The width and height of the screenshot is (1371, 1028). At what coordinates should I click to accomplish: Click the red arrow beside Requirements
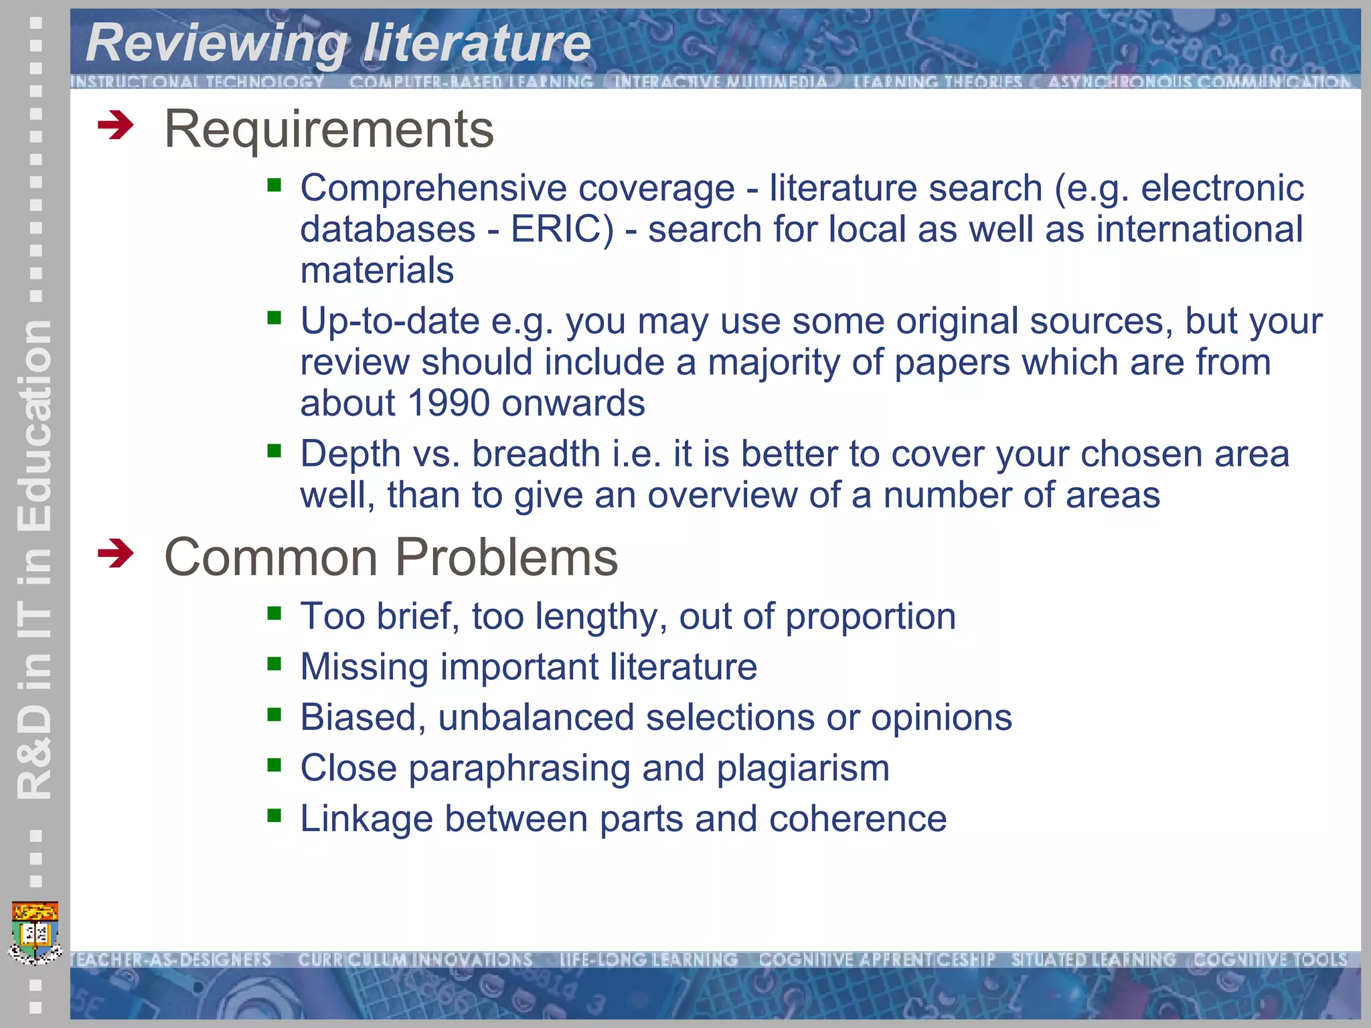point(115,126)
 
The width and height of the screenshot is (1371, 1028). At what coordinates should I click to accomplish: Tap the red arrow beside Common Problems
point(115,554)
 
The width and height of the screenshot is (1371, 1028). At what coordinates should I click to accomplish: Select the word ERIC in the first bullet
point(562,230)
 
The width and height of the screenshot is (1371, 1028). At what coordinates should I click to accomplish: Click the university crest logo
point(35,932)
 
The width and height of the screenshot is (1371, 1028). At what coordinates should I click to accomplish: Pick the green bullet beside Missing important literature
point(274,664)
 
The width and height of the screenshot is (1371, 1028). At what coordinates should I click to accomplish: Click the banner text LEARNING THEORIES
point(937,82)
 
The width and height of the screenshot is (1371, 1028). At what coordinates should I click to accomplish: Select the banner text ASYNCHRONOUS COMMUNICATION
point(1198,82)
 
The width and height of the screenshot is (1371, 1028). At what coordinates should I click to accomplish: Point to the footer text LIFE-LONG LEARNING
point(648,960)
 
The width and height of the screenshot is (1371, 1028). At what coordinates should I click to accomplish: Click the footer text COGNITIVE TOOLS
point(1270,960)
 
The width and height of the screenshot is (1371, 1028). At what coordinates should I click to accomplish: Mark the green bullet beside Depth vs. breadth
point(274,450)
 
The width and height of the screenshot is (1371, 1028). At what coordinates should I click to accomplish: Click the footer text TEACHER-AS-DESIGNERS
point(171,960)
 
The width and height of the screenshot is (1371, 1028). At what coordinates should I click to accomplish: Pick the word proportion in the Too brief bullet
point(870,616)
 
